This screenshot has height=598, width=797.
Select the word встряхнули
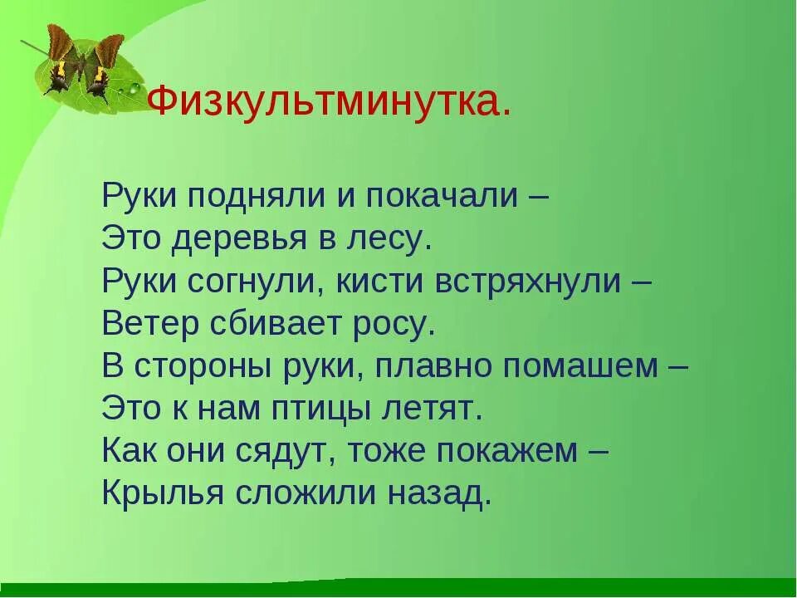tap(528, 282)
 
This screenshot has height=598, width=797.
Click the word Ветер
tap(150, 324)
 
